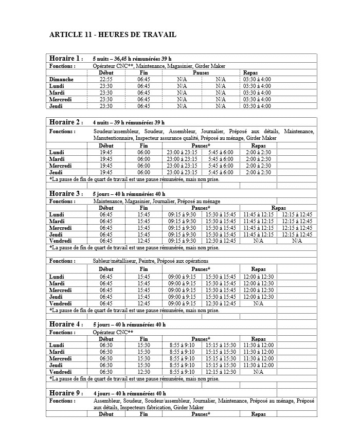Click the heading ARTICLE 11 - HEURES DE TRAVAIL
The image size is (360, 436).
coord(113,34)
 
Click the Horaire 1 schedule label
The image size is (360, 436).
coord(65,58)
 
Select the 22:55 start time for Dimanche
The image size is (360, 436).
coord(106,79)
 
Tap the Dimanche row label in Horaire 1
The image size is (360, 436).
coord(61,79)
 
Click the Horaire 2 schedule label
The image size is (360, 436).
coord(65,122)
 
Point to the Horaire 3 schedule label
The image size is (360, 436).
coord(65,194)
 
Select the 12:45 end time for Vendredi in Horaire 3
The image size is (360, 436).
coord(143,241)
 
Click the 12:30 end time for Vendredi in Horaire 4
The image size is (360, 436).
coord(143,372)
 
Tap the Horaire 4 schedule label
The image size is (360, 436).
coord(65,324)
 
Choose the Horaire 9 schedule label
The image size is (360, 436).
coord(65,393)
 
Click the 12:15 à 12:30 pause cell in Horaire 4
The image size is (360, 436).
coord(221,372)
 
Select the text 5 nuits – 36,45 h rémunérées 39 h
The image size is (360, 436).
coord(132,59)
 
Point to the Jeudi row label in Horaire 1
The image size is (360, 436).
coord(56,106)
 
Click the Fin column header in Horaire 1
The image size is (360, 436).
coord(143,72)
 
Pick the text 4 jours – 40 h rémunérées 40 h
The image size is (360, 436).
coord(129,393)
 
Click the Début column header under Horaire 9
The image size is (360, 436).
coord(106,414)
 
